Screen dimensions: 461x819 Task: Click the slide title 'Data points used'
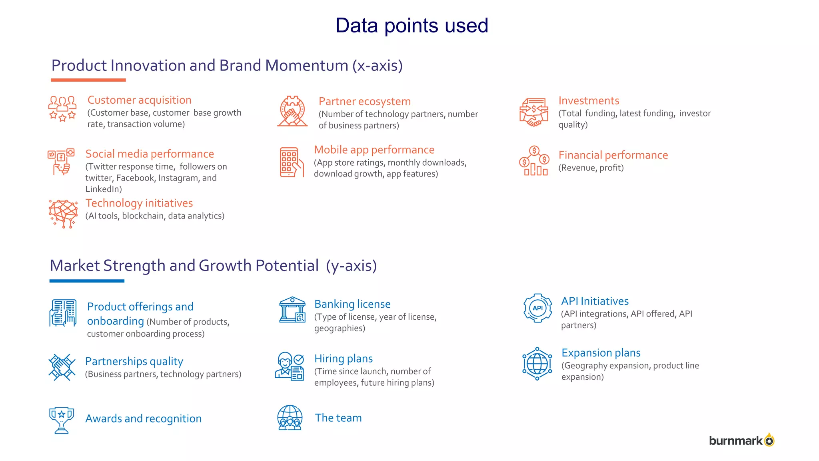tap(411, 26)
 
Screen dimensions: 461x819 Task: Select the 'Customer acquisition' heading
tap(139, 100)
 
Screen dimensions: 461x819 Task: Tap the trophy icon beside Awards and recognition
tap(61, 420)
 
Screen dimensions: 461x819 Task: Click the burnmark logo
tap(741, 440)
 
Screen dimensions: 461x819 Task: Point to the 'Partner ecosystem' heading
tap(364, 102)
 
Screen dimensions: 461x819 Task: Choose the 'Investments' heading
tap(588, 101)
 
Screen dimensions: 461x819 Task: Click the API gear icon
tap(537, 308)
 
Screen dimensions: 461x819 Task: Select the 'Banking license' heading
tap(352, 304)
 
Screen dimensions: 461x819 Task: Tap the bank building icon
tap(292, 310)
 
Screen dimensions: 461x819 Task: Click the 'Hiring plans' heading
tap(343, 359)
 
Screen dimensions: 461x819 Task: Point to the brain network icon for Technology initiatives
tap(63, 213)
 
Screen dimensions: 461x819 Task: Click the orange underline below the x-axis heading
tap(88, 80)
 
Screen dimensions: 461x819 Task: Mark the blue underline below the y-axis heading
tap(87, 281)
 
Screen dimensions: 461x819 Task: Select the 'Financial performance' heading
tap(613, 155)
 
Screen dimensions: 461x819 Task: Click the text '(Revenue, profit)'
tap(591, 168)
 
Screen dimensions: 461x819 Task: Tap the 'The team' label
tap(338, 418)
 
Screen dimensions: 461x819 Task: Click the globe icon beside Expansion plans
tap(537, 364)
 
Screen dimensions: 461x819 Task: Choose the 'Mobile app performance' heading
tap(374, 150)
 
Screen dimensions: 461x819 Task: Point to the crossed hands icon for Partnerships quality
tap(62, 367)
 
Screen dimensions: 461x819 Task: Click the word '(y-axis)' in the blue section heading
tap(351, 266)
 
